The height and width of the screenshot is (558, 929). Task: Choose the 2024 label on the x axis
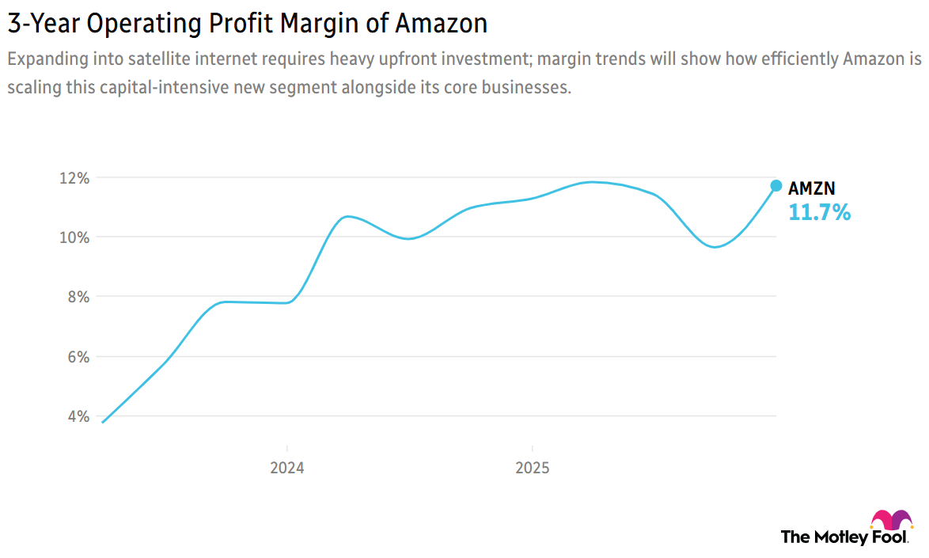[286, 468]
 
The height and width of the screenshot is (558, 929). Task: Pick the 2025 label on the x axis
[532, 468]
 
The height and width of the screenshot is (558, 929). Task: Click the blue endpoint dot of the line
[776, 185]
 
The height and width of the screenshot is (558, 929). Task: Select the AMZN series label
[811, 188]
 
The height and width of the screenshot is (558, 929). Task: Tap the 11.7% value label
[819, 212]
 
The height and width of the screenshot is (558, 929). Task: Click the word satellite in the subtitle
[183, 60]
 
